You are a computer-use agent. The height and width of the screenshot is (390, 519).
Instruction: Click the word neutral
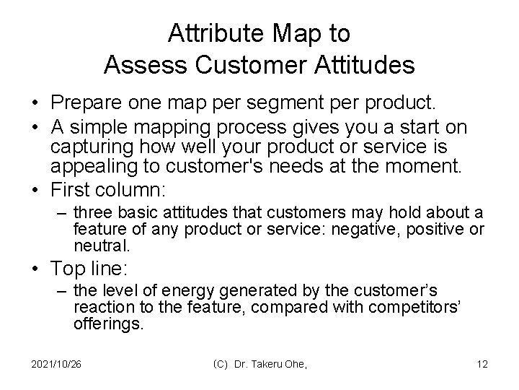pyautogui.click(x=102, y=246)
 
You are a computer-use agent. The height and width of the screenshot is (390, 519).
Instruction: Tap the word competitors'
pyautogui.click(x=419, y=308)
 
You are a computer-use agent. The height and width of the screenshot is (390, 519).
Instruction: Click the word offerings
pyautogui.click(x=108, y=325)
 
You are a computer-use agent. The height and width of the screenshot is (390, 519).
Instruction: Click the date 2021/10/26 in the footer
pyautogui.click(x=56, y=364)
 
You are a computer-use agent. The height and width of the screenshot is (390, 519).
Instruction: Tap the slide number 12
pyautogui.click(x=482, y=364)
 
